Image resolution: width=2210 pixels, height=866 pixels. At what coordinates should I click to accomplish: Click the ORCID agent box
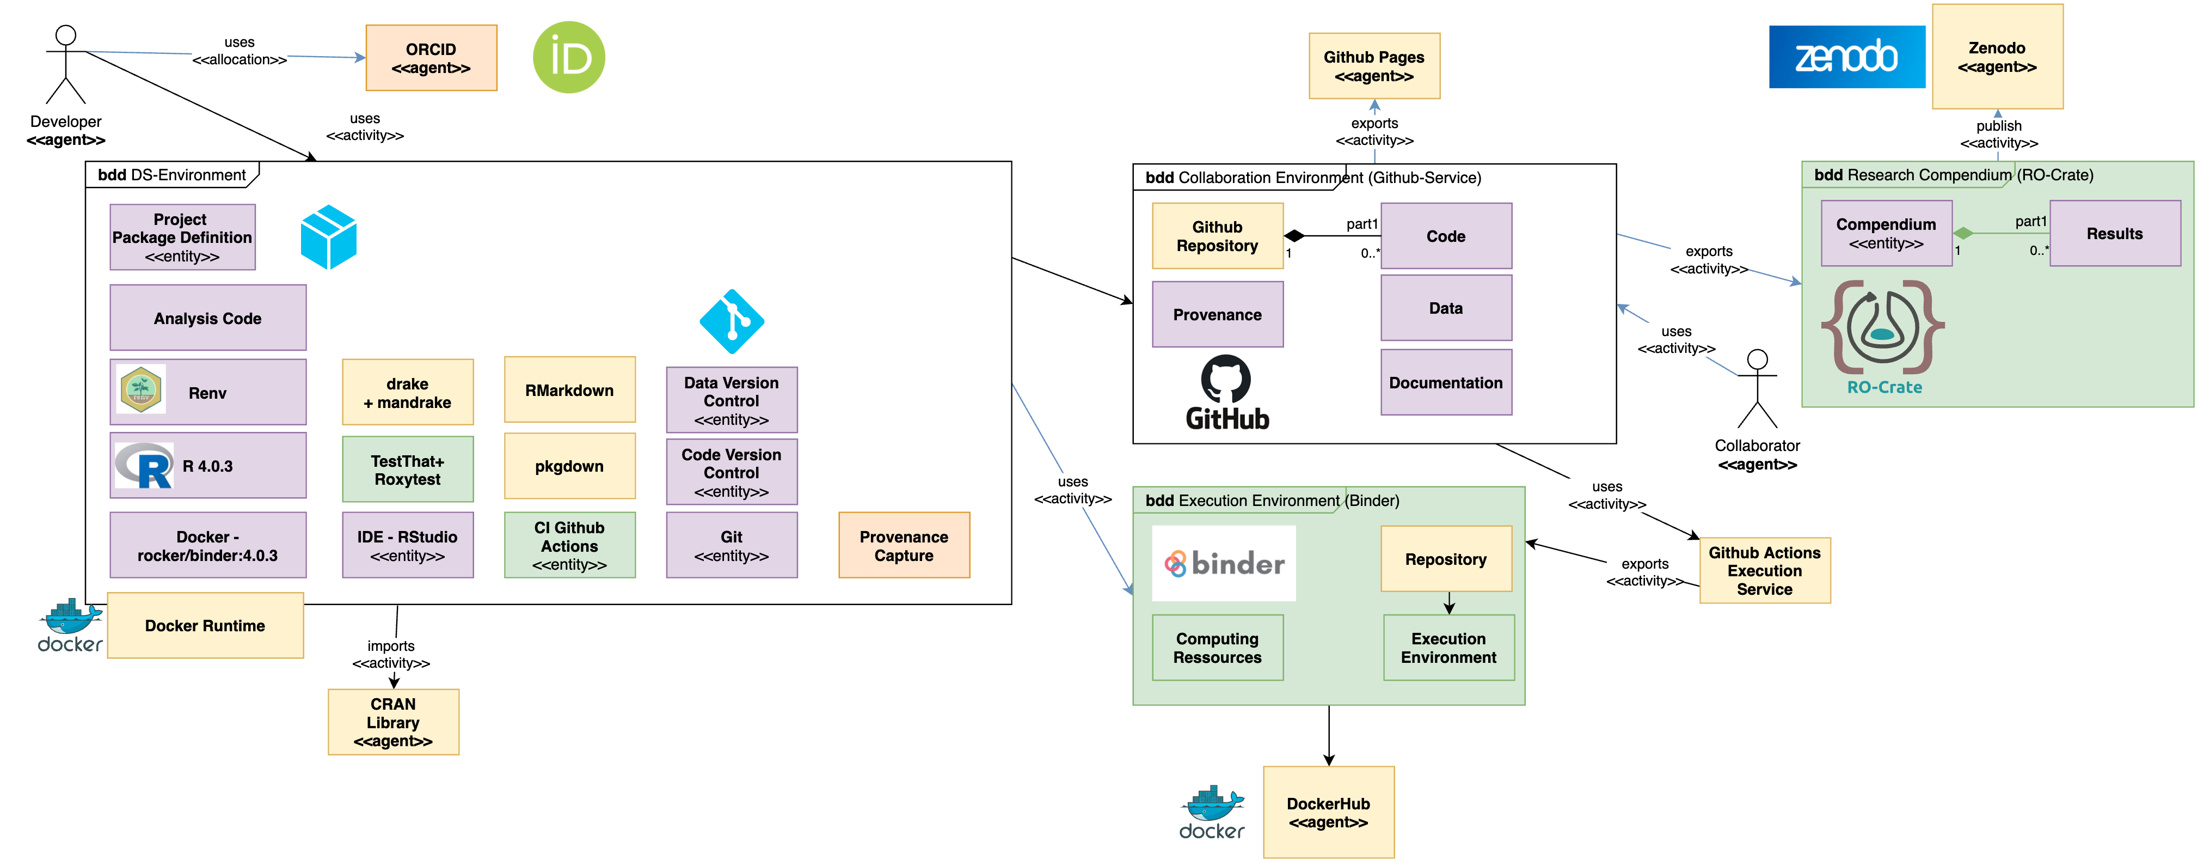(431, 58)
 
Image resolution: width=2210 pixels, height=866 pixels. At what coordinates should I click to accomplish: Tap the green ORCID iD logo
(569, 58)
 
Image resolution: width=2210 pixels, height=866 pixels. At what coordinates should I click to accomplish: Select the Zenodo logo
(1846, 57)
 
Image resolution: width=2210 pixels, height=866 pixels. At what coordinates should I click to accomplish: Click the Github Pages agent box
(1373, 66)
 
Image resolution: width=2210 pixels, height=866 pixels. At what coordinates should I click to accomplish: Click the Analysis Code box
(207, 318)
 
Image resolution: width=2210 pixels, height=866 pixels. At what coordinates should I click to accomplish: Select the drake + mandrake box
(408, 392)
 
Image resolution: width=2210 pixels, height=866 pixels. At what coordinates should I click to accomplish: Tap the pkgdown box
(569, 466)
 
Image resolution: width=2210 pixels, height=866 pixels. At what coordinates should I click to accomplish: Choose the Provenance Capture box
(904, 545)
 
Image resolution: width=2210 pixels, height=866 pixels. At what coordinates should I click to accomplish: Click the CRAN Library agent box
(393, 722)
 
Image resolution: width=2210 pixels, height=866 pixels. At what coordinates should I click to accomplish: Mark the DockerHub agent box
(1328, 812)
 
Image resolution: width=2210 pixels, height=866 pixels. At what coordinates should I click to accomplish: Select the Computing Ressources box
(1217, 647)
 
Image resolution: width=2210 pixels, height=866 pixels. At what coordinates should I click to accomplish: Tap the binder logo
(1224, 563)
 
